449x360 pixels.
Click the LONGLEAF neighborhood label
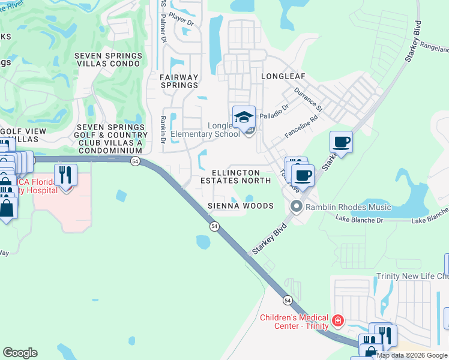click(283, 76)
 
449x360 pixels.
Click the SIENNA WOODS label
click(240, 206)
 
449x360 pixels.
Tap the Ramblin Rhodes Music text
click(348, 208)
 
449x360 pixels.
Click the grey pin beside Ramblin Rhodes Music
click(296, 207)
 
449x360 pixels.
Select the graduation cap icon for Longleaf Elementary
click(244, 116)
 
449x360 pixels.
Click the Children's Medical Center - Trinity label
click(294, 322)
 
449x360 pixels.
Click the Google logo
click(20, 353)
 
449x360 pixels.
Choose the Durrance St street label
click(309, 100)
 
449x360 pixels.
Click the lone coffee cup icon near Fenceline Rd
click(341, 142)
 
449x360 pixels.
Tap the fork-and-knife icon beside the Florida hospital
click(65, 174)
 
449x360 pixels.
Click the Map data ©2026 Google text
click(412, 355)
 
